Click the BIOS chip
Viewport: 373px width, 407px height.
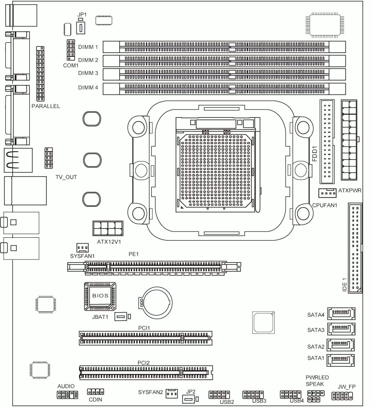click(x=100, y=296)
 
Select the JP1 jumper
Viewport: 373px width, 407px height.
click(x=81, y=28)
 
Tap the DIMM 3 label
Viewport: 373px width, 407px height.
click(x=88, y=74)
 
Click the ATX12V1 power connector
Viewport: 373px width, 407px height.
click(x=107, y=229)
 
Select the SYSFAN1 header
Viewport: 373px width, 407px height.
click(x=82, y=247)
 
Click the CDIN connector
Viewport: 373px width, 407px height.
click(x=95, y=392)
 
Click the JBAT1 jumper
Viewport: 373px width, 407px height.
click(x=121, y=317)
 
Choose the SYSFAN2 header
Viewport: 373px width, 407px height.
click(x=171, y=393)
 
